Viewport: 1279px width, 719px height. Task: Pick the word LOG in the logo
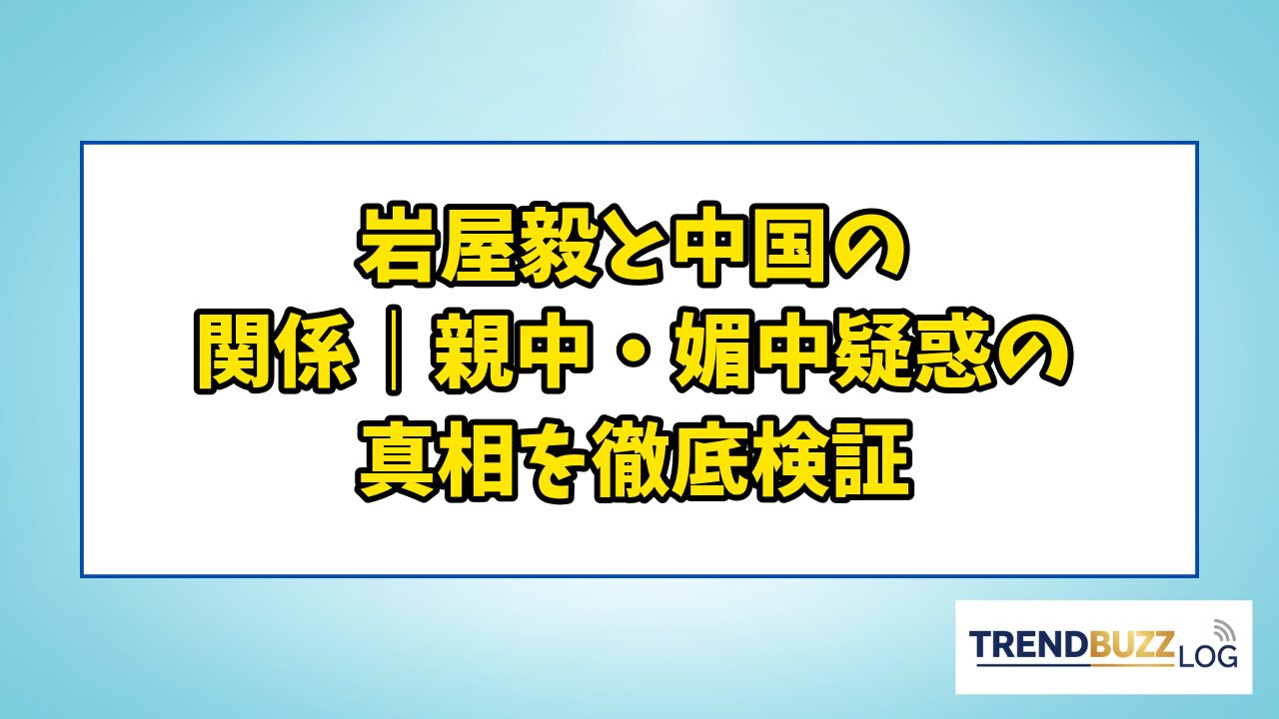point(1207,657)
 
